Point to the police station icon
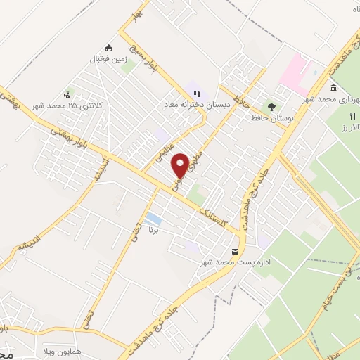point(67,94)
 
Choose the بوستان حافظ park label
point(271,118)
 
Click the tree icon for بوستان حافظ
point(271,106)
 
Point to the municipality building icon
point(333,89)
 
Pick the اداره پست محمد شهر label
point(236,262)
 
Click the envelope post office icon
point(236,251)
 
